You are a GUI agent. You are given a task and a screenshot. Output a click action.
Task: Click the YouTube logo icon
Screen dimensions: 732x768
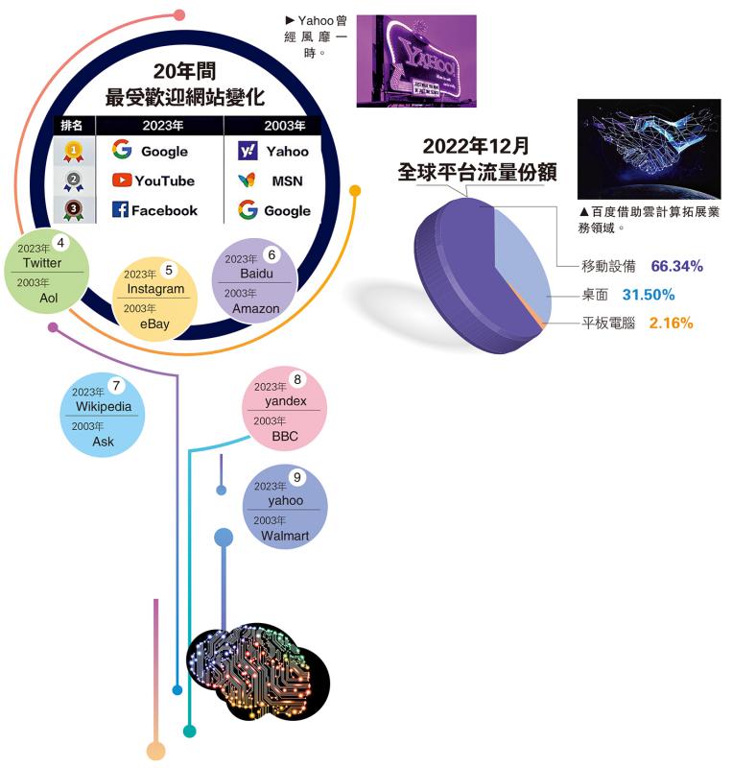122,180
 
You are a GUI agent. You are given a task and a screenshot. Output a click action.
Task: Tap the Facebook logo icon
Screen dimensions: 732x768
120,209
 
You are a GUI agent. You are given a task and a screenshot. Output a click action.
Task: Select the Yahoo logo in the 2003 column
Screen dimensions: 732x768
248,151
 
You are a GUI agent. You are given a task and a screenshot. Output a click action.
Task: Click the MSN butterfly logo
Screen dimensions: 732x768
247,180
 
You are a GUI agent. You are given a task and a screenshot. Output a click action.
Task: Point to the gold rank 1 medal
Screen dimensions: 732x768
74,152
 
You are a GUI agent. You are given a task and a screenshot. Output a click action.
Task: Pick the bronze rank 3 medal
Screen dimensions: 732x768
74,210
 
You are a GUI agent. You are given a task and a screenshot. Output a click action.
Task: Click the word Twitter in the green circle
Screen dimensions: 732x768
42,263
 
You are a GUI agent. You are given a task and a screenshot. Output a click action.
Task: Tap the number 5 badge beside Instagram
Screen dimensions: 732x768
169,270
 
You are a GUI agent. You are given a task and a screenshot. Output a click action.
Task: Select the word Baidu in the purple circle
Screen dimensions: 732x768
256,274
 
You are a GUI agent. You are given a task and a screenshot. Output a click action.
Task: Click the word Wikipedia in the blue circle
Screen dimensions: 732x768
104,406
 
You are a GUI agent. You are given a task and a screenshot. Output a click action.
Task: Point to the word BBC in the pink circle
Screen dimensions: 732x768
285,436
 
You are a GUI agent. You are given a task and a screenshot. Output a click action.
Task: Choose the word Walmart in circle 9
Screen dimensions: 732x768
285,536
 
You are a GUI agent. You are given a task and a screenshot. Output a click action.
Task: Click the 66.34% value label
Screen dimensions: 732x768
676,266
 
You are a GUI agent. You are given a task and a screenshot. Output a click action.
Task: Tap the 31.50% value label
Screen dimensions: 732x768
649,295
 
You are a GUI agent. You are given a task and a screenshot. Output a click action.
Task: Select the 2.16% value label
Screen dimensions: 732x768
671,323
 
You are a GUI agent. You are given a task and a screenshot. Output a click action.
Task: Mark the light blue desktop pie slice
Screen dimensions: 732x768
522,265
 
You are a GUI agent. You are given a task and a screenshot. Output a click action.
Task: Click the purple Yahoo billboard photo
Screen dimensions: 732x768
416,60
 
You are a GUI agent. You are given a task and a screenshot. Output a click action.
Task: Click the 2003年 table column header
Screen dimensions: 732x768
285,126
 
